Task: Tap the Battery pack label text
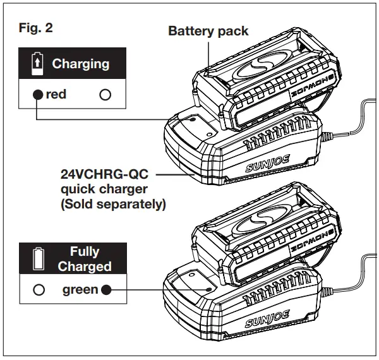click(x=208, y=31)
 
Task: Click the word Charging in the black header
click(x=80, y=64)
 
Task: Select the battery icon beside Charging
click(x=38, y=63)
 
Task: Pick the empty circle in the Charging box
click(x=105, y=95)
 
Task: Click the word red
click(x=56, y=95)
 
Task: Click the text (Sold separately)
click(x=104, y=204)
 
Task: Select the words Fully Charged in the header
click(x=85, y=259)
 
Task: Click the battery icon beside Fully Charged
click(x=38, y=258)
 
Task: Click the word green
click(x=80, y=290)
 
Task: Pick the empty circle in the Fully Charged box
click(x=39, y=290)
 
